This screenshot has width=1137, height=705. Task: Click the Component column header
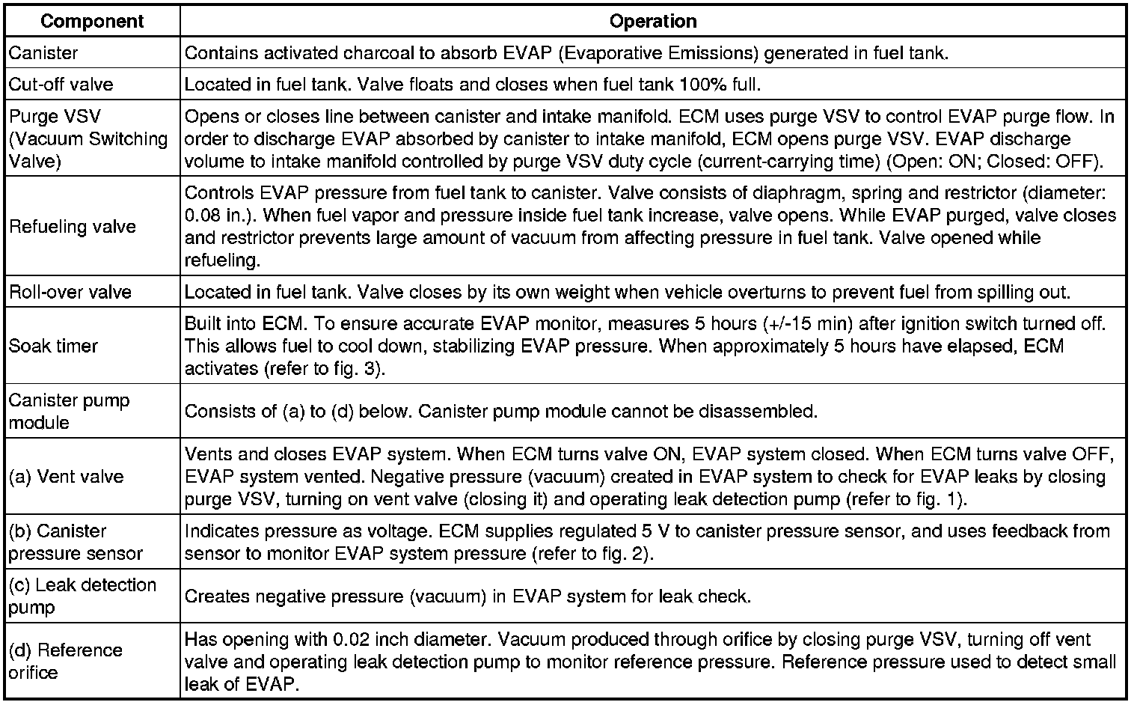pyautogui.click(x=92, y=21)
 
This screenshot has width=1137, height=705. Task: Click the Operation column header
pyautogui.click(x=653, y=21)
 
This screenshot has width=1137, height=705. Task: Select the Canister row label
pyautogui.click(x=43, y=53)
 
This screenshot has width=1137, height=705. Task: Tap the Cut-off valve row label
pyautogui.click(x=61, y=85)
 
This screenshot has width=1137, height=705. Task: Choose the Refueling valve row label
pyautogui.click(x=73, y=227)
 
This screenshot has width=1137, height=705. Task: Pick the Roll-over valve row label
pyautogui.click(x=70, y=292)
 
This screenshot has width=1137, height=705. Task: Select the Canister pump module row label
pyautogui.click(x=69, y=411)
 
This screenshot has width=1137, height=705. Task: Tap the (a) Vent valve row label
pyautogui.click(x=67, y=477)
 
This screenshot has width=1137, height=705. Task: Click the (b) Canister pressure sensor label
pyautogui.click(x=76, y=542)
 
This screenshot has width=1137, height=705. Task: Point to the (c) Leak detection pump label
pyautogui.click(x=82, y=596)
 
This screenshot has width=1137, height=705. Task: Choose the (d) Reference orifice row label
pyautogui.click(x=66, y=661)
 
